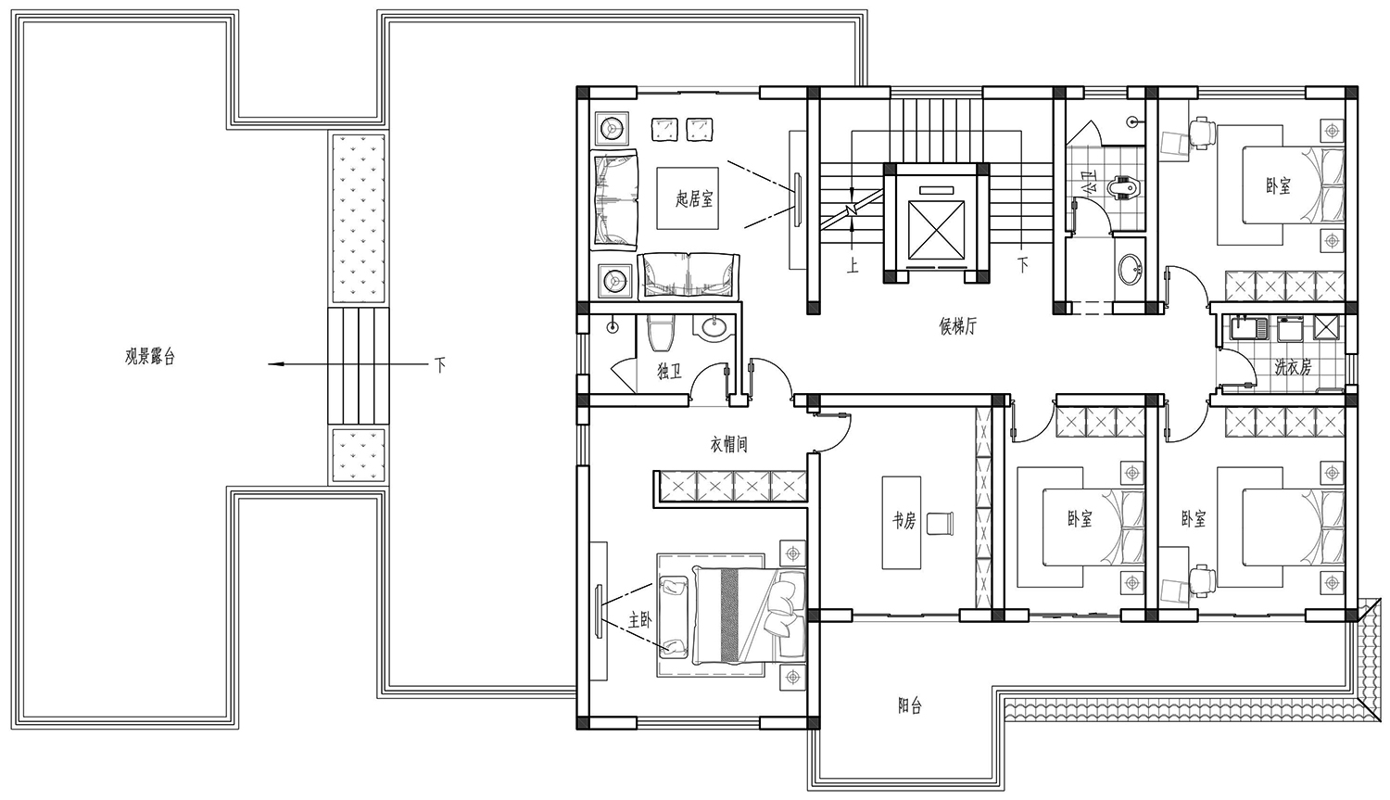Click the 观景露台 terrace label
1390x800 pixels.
coord(150,358)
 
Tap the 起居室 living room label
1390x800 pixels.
coord(694,199)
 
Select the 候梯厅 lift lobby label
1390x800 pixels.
coord(958,326)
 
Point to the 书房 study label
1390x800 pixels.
coord(903,521)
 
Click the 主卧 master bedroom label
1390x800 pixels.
coord(639,620)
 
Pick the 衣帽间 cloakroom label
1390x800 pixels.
coord(728,444)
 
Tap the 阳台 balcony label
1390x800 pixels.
coord(910,705)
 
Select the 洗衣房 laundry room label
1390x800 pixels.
coord(1294,367)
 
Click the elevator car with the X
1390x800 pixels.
coord(936,230)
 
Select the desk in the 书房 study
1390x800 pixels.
coord(901,523)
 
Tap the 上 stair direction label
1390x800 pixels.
coord(853,266)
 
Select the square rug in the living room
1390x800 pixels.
coord(689,198)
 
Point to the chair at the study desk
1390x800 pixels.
coord(940,523)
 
